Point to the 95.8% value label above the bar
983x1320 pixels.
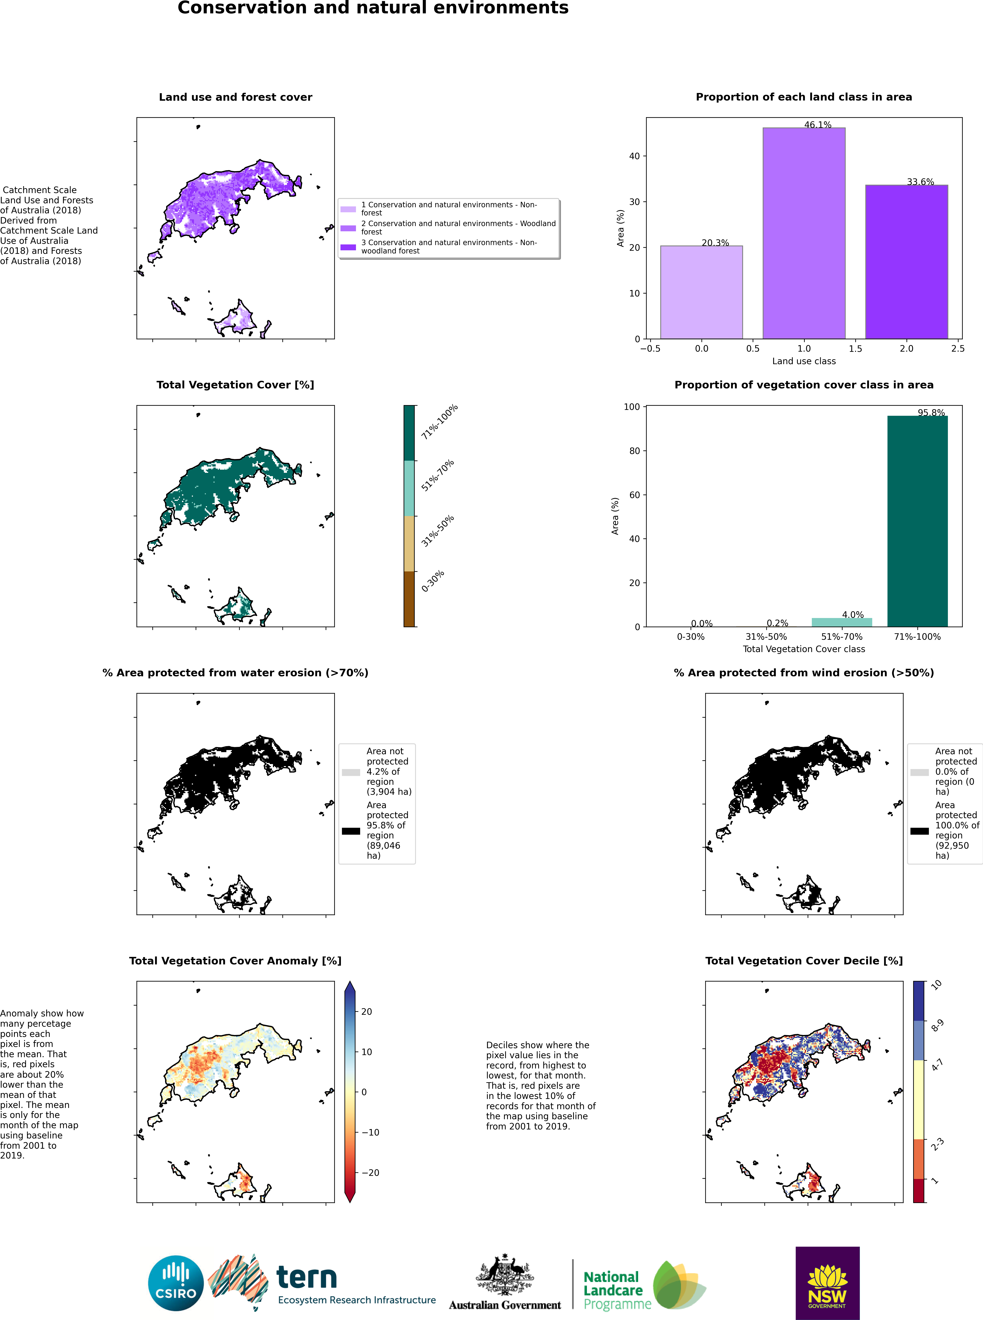pos(931,412)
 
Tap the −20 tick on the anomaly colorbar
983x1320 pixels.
pos(370,1172)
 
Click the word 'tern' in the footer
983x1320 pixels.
pos(306,1277)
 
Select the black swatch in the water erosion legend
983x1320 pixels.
pos(351,831)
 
